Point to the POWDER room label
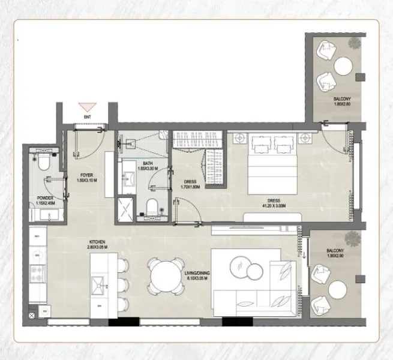[x=45, y=197]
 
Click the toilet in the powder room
[x=44, y=163]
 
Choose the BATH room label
[x=147, y=163]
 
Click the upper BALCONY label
[x=342, y=98]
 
